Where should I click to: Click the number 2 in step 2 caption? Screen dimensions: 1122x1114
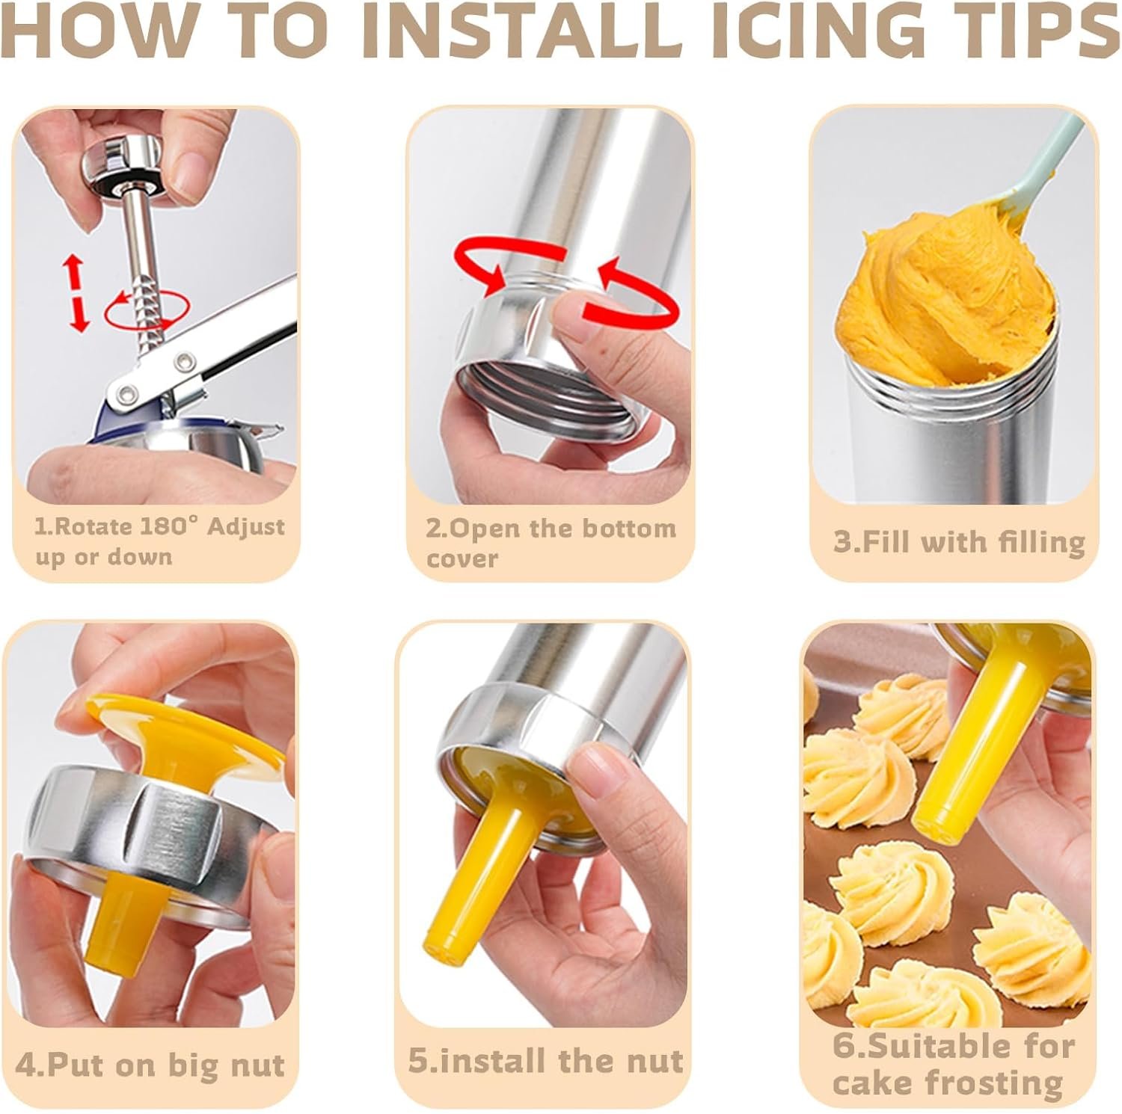(434, 529)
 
